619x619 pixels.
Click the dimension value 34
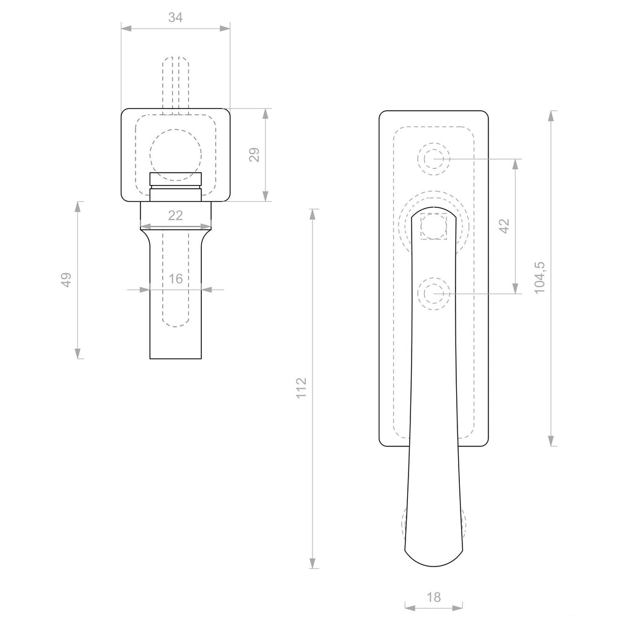pyautogui.click(x=175, y=17)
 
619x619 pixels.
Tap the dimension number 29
pyautogui.click(x=254, y=154)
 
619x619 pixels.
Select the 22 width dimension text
pyautogui.click(x=175, y=215)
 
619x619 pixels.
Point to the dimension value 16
pyautogui.click(x=175, y=279)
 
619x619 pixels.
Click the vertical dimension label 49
pyautogui.click(x=66, y=280)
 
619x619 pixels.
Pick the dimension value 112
pyautogui.click(x=301, y=388)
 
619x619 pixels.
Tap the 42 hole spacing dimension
pyautogui.click(x=504, y=226)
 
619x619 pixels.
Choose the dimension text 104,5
pyautogui.click(x=540, y=277)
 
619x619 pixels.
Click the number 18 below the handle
pyautogui.click(x=433, y=597)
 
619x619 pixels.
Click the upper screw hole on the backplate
pyautogui.click(x=433, y=159)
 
